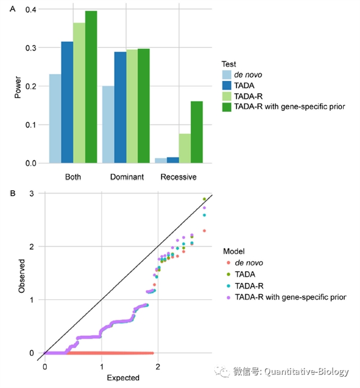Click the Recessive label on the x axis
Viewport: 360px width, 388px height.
(178, 177)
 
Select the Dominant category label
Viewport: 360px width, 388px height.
(126, 177)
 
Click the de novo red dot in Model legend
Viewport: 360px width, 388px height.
(225, 263)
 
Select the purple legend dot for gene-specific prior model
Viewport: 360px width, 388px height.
(225, 296)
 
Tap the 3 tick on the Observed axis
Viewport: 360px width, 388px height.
(32, 194)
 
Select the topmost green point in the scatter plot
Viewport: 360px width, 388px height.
(204, 199)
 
